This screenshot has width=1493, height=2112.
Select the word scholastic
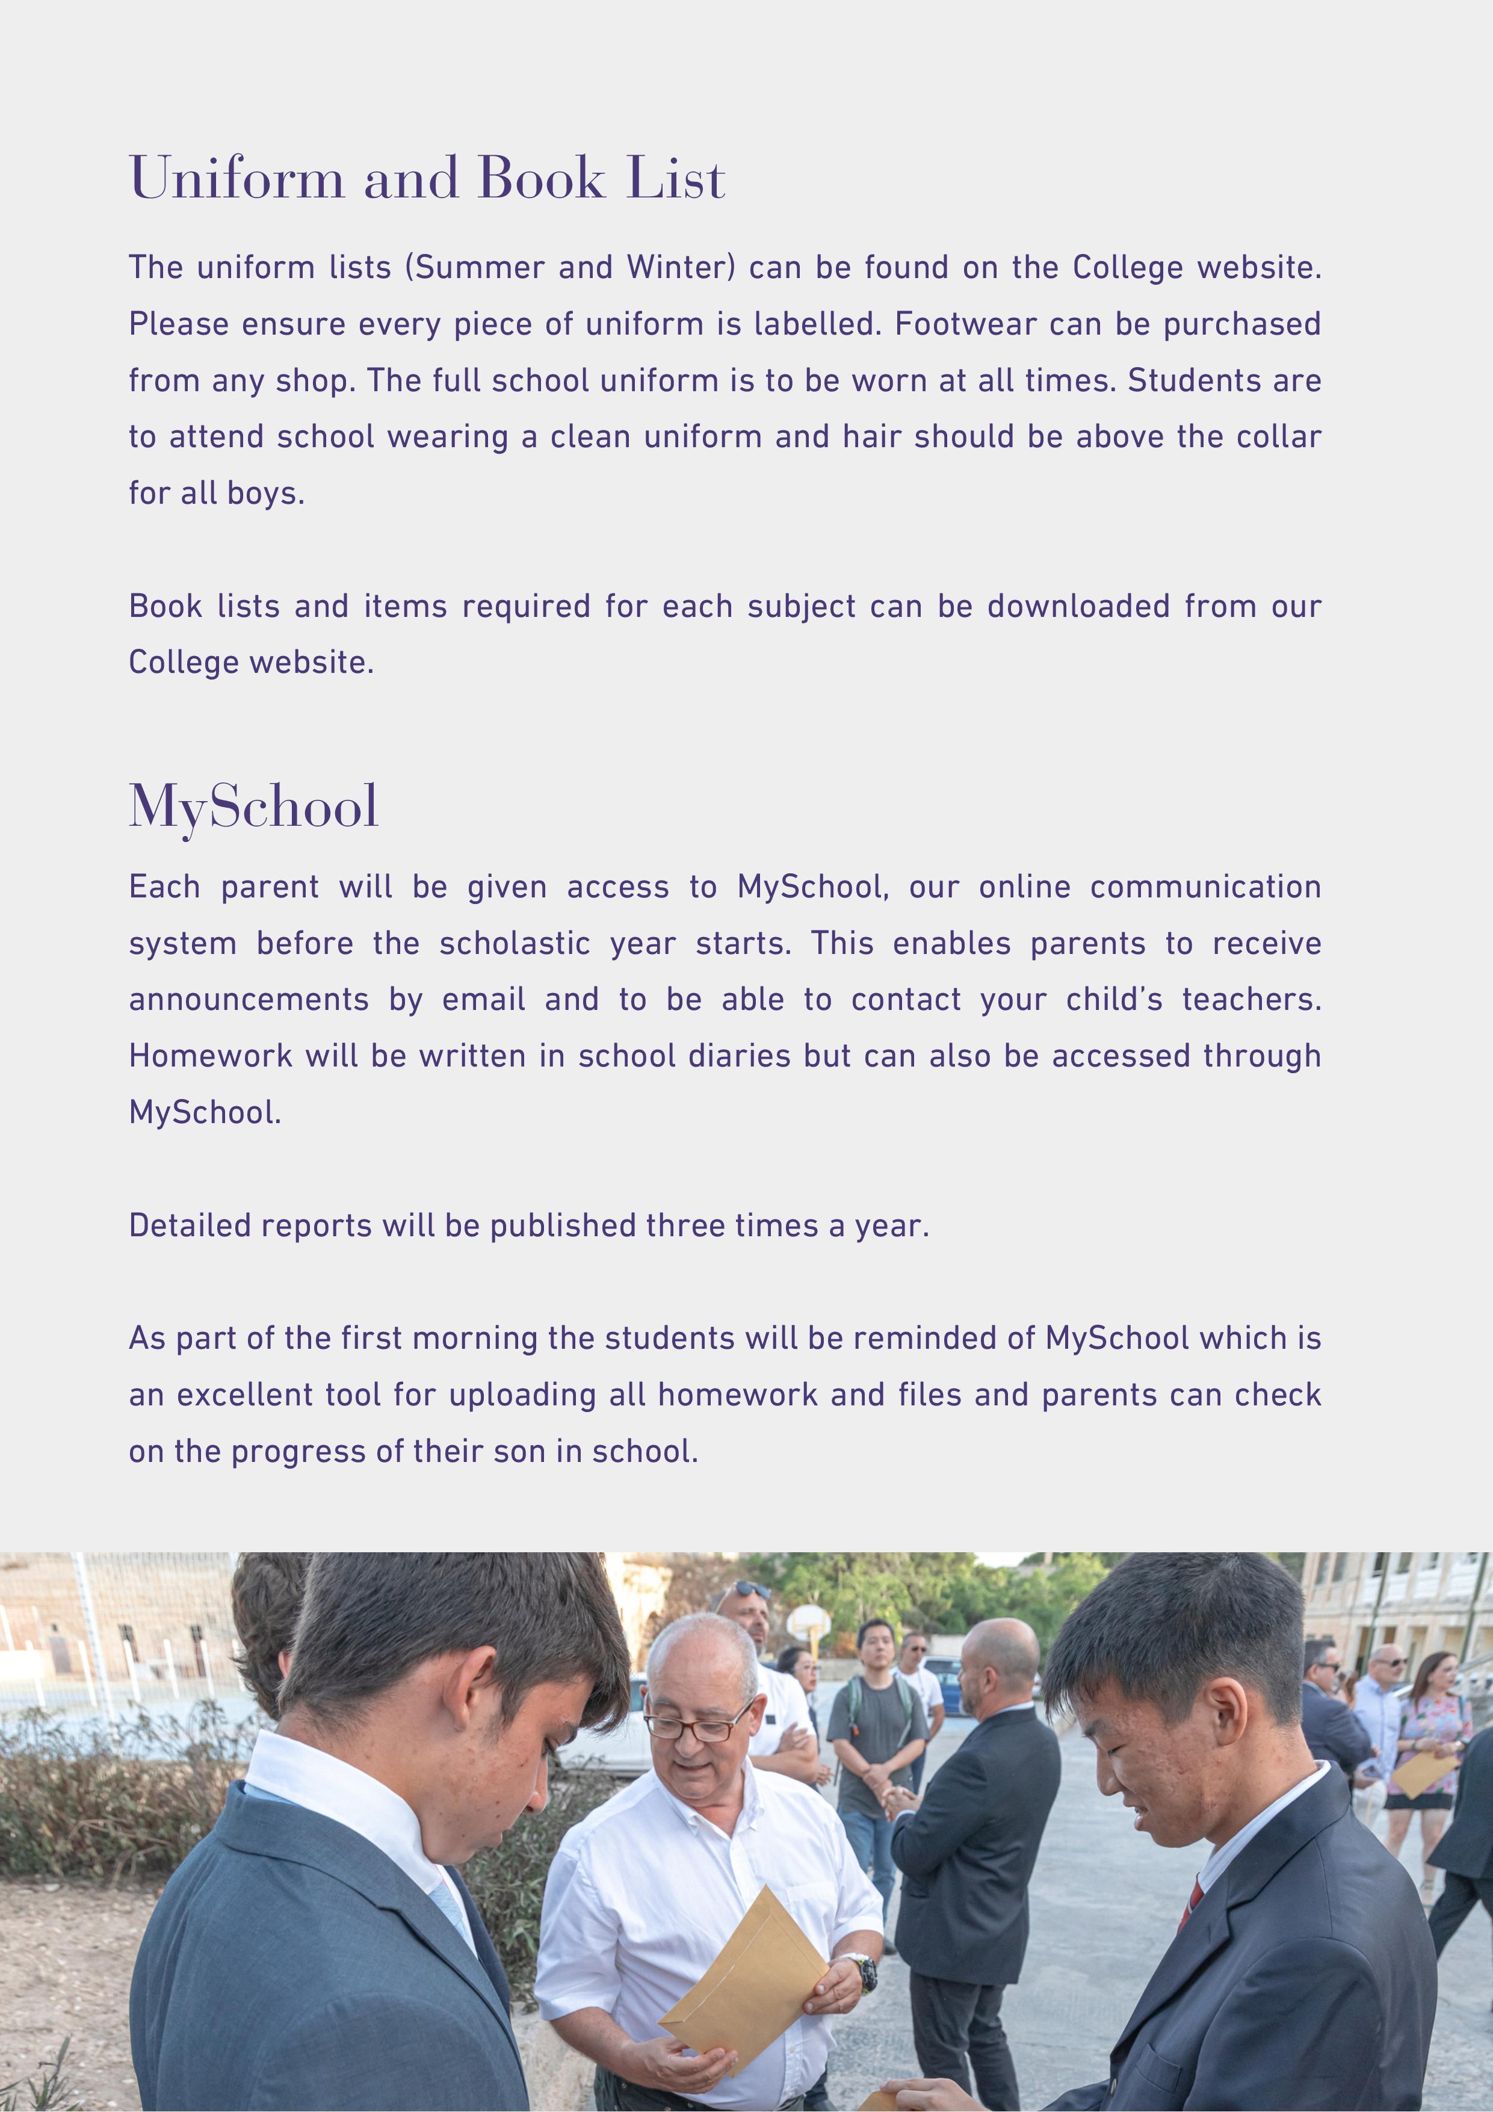[515, 943]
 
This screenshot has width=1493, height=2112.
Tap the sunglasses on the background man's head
[750, 1588]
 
